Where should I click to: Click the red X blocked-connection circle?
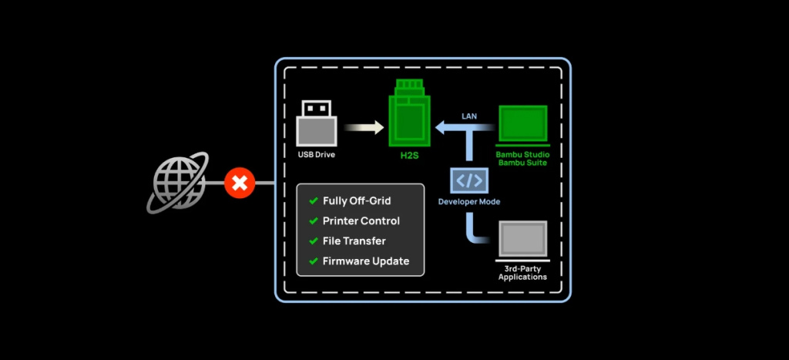click(x=240, y=183)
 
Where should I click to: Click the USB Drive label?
click(x=317, y=154)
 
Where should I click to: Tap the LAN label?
click(x=469, y=116)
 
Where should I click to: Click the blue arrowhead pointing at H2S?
click(x=442, y=127)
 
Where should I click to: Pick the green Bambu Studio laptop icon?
click(x=522, y=126)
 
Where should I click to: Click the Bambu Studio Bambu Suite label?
click(x=522, y=158)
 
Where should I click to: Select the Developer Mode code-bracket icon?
click(x=469, y=181)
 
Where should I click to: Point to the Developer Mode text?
click(x=469, y=202)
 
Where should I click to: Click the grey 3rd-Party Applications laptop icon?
click(x=522, y=240)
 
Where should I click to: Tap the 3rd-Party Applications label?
click(x=522, y=272)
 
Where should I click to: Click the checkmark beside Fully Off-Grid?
click(x=313, y=201)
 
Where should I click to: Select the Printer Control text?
click(x=361, y=221)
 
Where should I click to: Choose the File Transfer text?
click(x=354, y=241)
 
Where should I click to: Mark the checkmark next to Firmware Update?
click(x=313, y=261)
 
